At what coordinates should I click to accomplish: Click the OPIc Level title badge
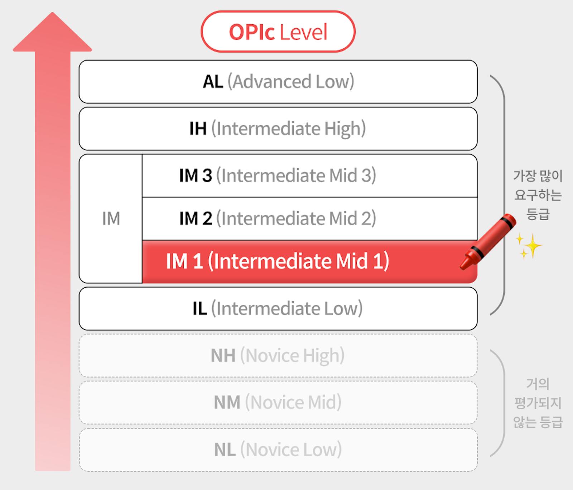point(278,32)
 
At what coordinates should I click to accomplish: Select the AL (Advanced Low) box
point(278,82)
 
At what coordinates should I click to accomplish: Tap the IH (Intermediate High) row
point(278,129)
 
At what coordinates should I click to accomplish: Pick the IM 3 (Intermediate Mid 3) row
point(310,176)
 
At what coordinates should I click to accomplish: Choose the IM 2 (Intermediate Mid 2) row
point(310,218)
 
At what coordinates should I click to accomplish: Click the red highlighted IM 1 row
point(310,261)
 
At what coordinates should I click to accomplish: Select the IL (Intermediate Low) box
point(278,308)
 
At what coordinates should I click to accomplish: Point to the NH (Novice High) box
point(278,356)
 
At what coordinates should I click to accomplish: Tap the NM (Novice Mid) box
point(278,403)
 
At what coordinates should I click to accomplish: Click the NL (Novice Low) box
point(278,450)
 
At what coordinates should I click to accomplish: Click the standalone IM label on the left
point(111,218)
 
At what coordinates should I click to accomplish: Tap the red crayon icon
point(488,242)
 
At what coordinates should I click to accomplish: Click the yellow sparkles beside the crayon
point(529,246)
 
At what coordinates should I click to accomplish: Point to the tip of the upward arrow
point(52,13)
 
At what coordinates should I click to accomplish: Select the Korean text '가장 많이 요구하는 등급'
point(538,195)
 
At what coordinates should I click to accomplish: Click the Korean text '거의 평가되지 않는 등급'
point(538,403)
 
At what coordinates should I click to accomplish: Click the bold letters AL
point(213,82)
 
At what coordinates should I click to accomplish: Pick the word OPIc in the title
point(252,32)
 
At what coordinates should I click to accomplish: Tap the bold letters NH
point(223,356)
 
